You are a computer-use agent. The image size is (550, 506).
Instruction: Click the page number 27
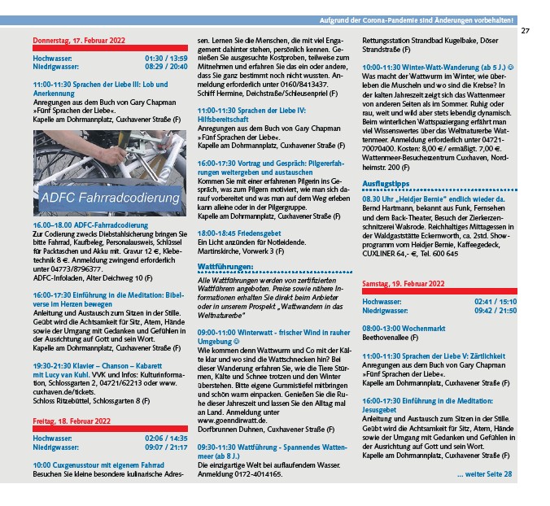point(525,30)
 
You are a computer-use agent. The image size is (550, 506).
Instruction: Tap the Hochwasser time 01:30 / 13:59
point(166,59)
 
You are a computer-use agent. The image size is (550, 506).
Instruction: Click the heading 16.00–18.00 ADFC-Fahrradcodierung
point(80,224)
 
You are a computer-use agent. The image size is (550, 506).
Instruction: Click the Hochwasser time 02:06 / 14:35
point(166,438)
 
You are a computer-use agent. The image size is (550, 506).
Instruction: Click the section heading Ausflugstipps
point(387,184)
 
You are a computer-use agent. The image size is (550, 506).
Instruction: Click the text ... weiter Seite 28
point(484,473)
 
